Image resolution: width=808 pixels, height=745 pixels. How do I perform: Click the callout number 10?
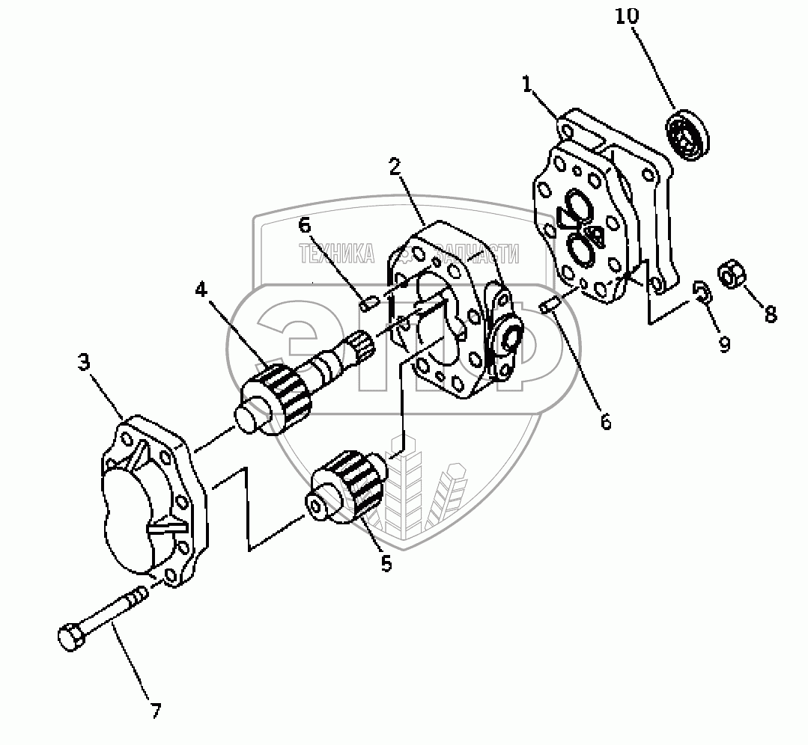point(628,16)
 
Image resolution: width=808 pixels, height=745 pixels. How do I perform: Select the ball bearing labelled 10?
point(687,134)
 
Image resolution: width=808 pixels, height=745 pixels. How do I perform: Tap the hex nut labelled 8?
point(730,274)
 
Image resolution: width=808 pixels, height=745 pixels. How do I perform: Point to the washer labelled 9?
point(702,292)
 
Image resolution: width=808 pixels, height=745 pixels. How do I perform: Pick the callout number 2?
point(395,166)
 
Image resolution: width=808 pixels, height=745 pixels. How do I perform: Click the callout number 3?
point(85,363)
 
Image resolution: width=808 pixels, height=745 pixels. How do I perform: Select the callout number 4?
point(201,289)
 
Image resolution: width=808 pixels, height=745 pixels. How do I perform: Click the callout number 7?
point(155,710)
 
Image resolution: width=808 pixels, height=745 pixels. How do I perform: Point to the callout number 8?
point(770,314)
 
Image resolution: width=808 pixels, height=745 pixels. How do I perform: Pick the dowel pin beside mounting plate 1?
point(548,305)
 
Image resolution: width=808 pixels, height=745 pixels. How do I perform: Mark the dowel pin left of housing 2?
point(367,304)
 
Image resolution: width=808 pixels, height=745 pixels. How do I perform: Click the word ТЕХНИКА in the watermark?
point(336,255)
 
